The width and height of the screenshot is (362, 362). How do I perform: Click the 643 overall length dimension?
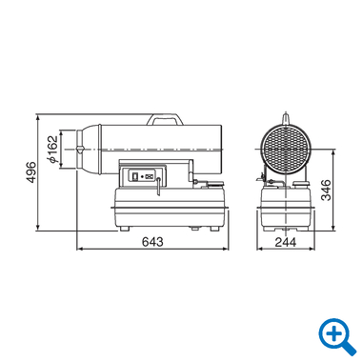(x=152, y=242)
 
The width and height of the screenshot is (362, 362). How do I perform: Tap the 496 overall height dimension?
(x=31, y=172)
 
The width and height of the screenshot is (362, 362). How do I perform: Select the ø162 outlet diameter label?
(x=53, y=150)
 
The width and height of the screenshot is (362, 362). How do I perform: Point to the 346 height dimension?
(x=326, y=191)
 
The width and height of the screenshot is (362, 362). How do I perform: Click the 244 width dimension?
(x=286, y=242)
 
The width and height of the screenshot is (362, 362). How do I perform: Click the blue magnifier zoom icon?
(x=337, y=336)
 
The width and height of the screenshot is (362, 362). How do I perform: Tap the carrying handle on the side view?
(x=165, y=119)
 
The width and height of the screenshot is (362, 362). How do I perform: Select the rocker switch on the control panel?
(x=134, y=176)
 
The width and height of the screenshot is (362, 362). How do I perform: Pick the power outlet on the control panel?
(x=150, y=176)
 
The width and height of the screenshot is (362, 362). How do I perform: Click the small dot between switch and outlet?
(x=142, y=176)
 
